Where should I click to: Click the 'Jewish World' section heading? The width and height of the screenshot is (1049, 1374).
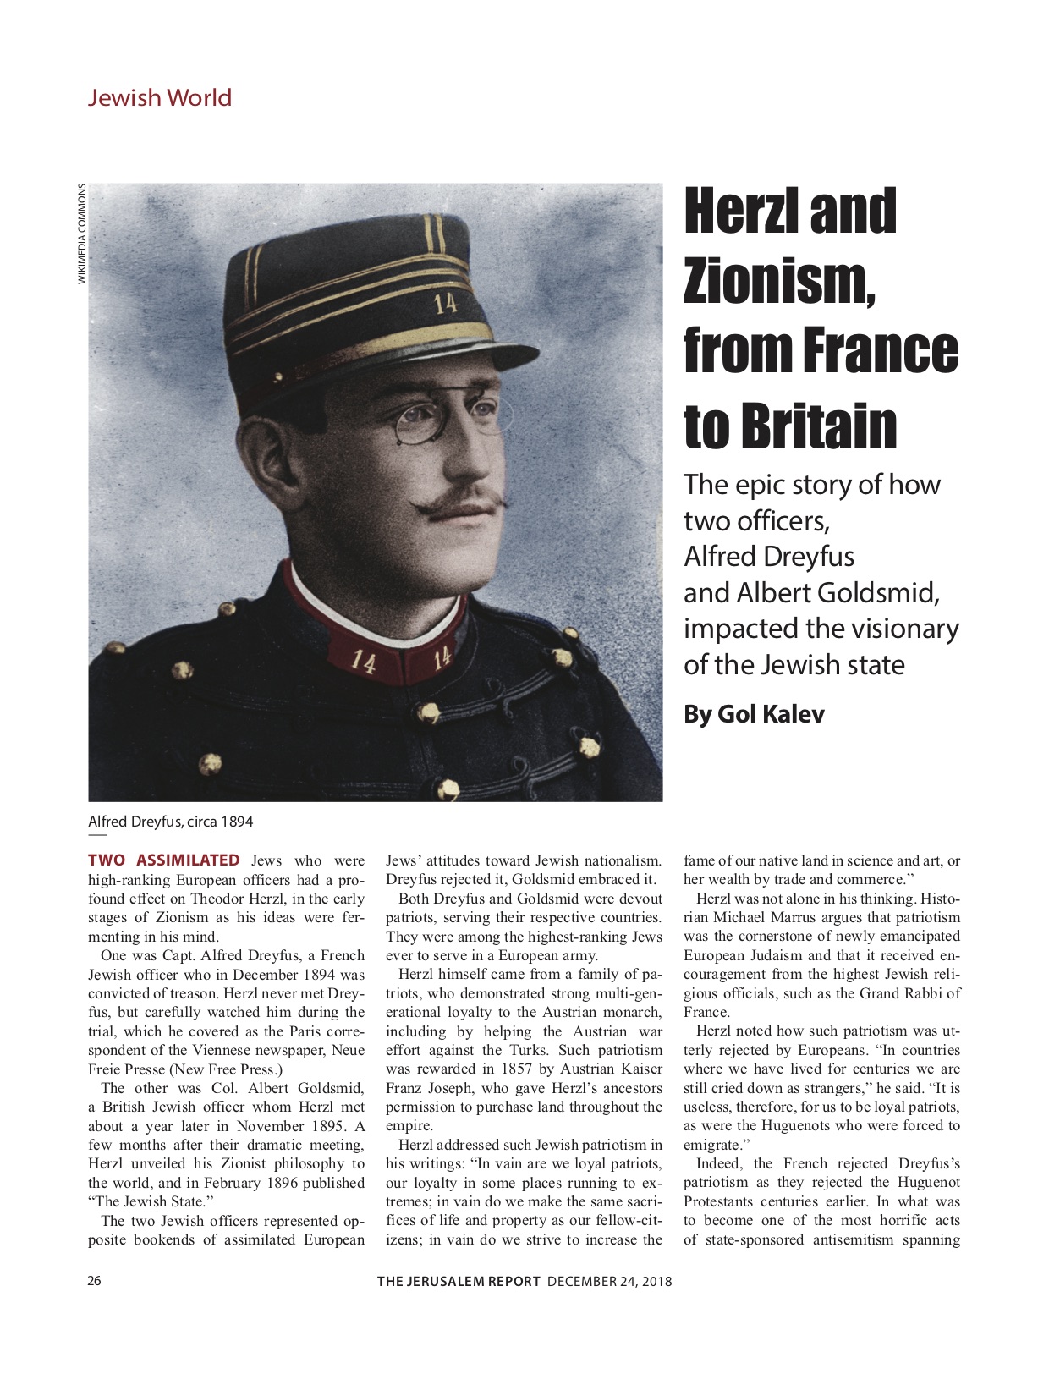[159, 97]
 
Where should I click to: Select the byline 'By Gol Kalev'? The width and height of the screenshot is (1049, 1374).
[754, 714]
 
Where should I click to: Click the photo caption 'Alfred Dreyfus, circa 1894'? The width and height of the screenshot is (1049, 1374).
[170, 822]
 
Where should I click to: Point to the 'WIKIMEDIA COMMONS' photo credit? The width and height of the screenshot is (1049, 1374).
[82, 234]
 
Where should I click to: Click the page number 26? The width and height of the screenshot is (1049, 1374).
[94, 1281]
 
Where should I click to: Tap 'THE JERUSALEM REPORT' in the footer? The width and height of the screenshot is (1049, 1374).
[459, 1281]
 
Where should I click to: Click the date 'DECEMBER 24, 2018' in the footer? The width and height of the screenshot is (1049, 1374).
[609, 1281]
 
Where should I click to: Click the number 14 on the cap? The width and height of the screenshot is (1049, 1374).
[445, 303]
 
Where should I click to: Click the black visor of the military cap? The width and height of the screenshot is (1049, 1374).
[474, 355]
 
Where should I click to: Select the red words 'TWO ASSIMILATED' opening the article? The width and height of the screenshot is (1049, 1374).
[164, 860]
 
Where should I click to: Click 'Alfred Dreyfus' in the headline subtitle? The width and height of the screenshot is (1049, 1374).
[768, 557]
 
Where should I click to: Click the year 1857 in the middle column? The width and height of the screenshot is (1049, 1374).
[516, 1069]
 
